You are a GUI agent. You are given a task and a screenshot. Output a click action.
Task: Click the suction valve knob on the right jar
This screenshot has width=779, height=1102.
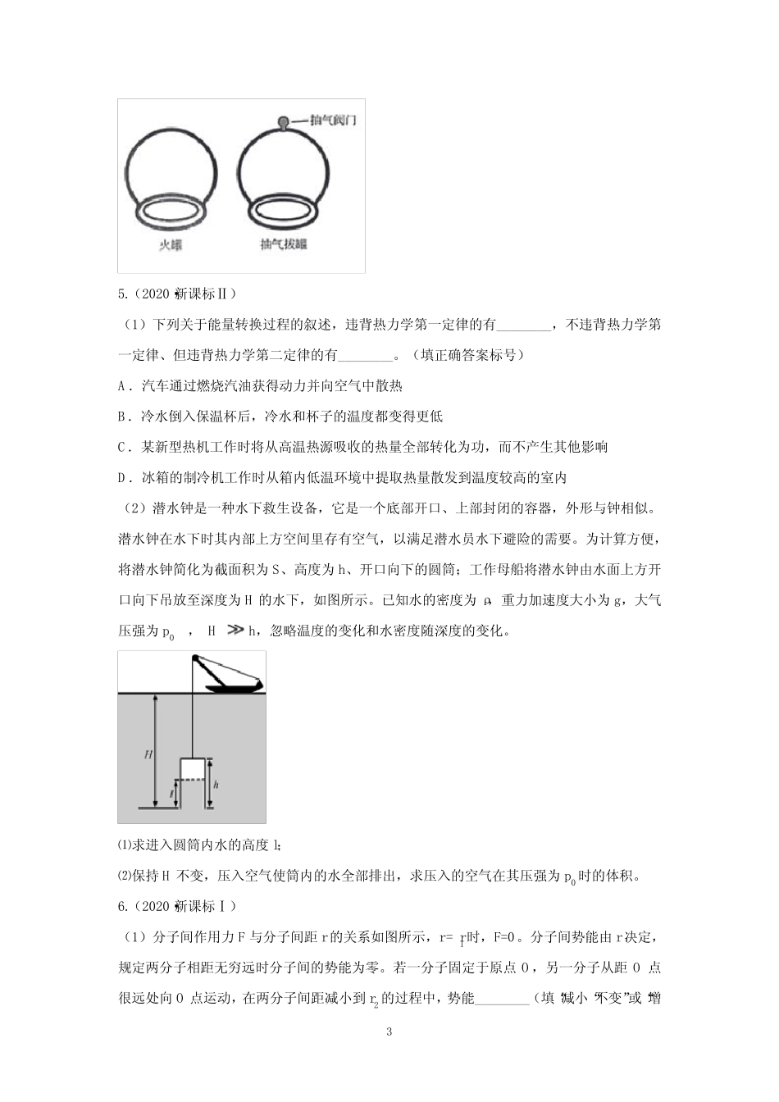283,123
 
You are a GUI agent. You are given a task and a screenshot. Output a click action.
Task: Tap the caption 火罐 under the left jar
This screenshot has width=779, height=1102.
170,244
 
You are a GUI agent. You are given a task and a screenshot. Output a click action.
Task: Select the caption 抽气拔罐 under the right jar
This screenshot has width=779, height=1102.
282,244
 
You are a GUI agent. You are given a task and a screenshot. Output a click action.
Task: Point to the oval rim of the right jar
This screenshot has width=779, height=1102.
282,210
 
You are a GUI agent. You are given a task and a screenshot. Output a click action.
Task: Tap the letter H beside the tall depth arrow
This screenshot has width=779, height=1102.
148,754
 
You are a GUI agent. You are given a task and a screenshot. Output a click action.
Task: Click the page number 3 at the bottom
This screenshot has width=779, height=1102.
389,1031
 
